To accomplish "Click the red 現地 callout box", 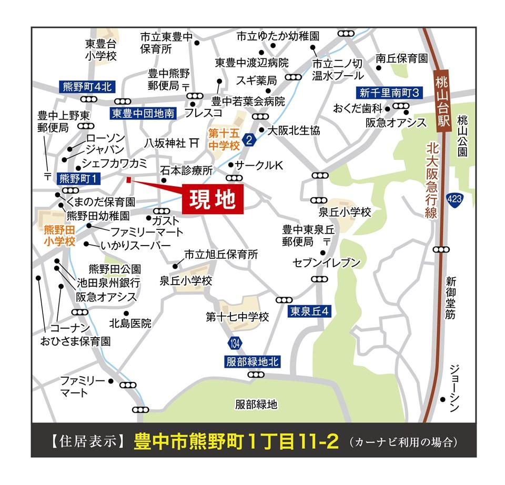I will [213, 199].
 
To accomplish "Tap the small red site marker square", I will [128, 180].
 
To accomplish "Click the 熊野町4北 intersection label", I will [84, 87].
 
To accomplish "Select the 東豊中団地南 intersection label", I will [143, 113].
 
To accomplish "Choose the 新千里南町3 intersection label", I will [389, 93].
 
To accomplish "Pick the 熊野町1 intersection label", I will [79, 178].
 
